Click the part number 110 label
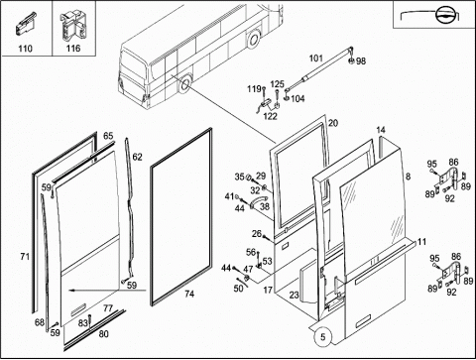pyautogui.click(x=25, y=49)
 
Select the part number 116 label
pyautogui.click(x=73, y=49)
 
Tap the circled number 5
pyautogui.click(x=323, y=337)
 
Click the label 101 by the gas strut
pyautogui.click(x=315, y=59)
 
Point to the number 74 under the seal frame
pyautogui.click(x=189, y=294)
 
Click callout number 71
pyautogui.click(x=25, y=256)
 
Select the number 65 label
pyautogui.click(x=108, y=136)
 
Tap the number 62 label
pyautogui.click(x=137, y=157)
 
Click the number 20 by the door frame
pyautogui.click(x=333, y=123)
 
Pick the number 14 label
pyautogui.click(x=381, y=130)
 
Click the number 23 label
pyautogui.click(x=294, y=295)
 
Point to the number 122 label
pyautogui.click(x=270, y=116)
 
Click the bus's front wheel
pyautogui.click(x=184, y=84)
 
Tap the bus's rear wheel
pyautogui.click(x=254, y=39)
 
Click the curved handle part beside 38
pyautogui.click(x=258, y=200)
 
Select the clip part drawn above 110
pyautogui.click(x=25, y=24)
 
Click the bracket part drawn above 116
pyautogui.click(x=72, y=26)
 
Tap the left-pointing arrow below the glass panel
pyautogui.click(x=107, y=291)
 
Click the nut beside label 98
pyautogui.click(x=352, y=60)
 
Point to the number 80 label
pyautogui.click(x=103, y=334)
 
